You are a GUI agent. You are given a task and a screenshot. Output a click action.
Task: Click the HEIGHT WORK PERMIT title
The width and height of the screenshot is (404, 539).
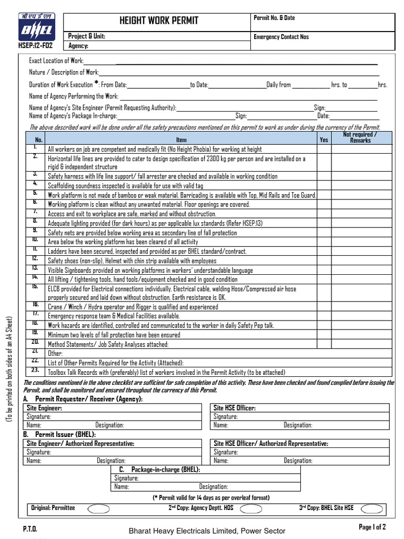coord(159,21)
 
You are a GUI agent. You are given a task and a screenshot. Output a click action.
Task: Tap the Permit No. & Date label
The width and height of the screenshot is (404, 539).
coord(274,18)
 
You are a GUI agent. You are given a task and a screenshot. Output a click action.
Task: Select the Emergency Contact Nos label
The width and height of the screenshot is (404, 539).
coord(281,37)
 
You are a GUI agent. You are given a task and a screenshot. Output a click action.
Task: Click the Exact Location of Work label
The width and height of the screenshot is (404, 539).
coord(56,61)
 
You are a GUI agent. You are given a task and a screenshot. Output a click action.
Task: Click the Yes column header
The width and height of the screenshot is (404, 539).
coord(324,140)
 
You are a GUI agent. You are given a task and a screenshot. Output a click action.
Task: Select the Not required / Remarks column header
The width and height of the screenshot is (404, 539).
coord(360,137)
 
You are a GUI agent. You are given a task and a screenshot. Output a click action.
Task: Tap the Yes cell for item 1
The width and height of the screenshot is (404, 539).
coord(324,149)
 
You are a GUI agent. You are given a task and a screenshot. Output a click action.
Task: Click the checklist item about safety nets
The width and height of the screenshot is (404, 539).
coord(142,233)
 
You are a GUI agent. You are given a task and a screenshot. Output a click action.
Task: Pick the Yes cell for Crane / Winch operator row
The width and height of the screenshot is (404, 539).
coord(324,306)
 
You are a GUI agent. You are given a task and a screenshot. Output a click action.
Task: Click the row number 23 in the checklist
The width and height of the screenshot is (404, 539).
coord(35,370)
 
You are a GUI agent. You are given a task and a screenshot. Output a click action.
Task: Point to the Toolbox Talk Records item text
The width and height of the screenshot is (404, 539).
coord(166,372)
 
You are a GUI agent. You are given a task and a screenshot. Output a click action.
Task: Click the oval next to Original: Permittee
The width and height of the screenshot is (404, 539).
coord(98,508)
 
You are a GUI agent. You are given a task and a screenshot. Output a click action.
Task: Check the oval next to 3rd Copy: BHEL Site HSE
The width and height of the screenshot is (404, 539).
coord(372,508)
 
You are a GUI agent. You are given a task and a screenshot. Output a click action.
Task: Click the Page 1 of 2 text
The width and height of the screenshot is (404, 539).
coord(372,527)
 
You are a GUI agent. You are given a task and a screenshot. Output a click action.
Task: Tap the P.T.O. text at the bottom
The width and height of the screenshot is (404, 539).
coord(30,528)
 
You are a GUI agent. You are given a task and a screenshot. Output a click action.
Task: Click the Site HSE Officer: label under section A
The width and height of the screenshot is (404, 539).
coord(235,408)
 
